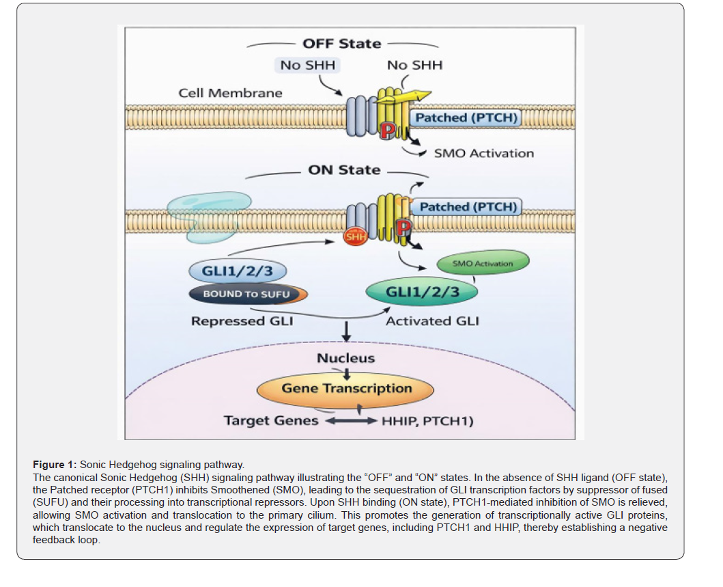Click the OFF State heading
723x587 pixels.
(341, 44)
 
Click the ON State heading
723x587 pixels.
(344, 170)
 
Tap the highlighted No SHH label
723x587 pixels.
(307, 65)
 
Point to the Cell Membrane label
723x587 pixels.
(230, 93)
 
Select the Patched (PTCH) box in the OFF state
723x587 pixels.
(466, 118)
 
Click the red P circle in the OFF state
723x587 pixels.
(388, 131)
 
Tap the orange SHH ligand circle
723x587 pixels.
(356, 236)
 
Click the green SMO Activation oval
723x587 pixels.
(483, 263)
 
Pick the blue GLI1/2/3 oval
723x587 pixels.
(238, 271)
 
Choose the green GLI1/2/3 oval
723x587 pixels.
(422, 292)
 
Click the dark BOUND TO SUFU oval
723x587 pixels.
(248, 294)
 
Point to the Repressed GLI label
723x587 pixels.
(242, 321)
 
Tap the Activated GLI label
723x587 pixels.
(432, 321)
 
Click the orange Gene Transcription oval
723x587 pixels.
(345, 389)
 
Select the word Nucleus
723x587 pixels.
(346, 358)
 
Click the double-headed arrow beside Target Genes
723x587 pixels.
(352, 421)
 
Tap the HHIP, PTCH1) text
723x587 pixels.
(427, 421)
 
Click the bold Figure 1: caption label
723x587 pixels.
(55, 465)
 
